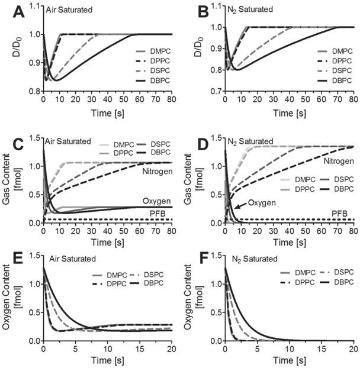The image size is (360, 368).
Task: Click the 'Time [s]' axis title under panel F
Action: click(x=289, y=360)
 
